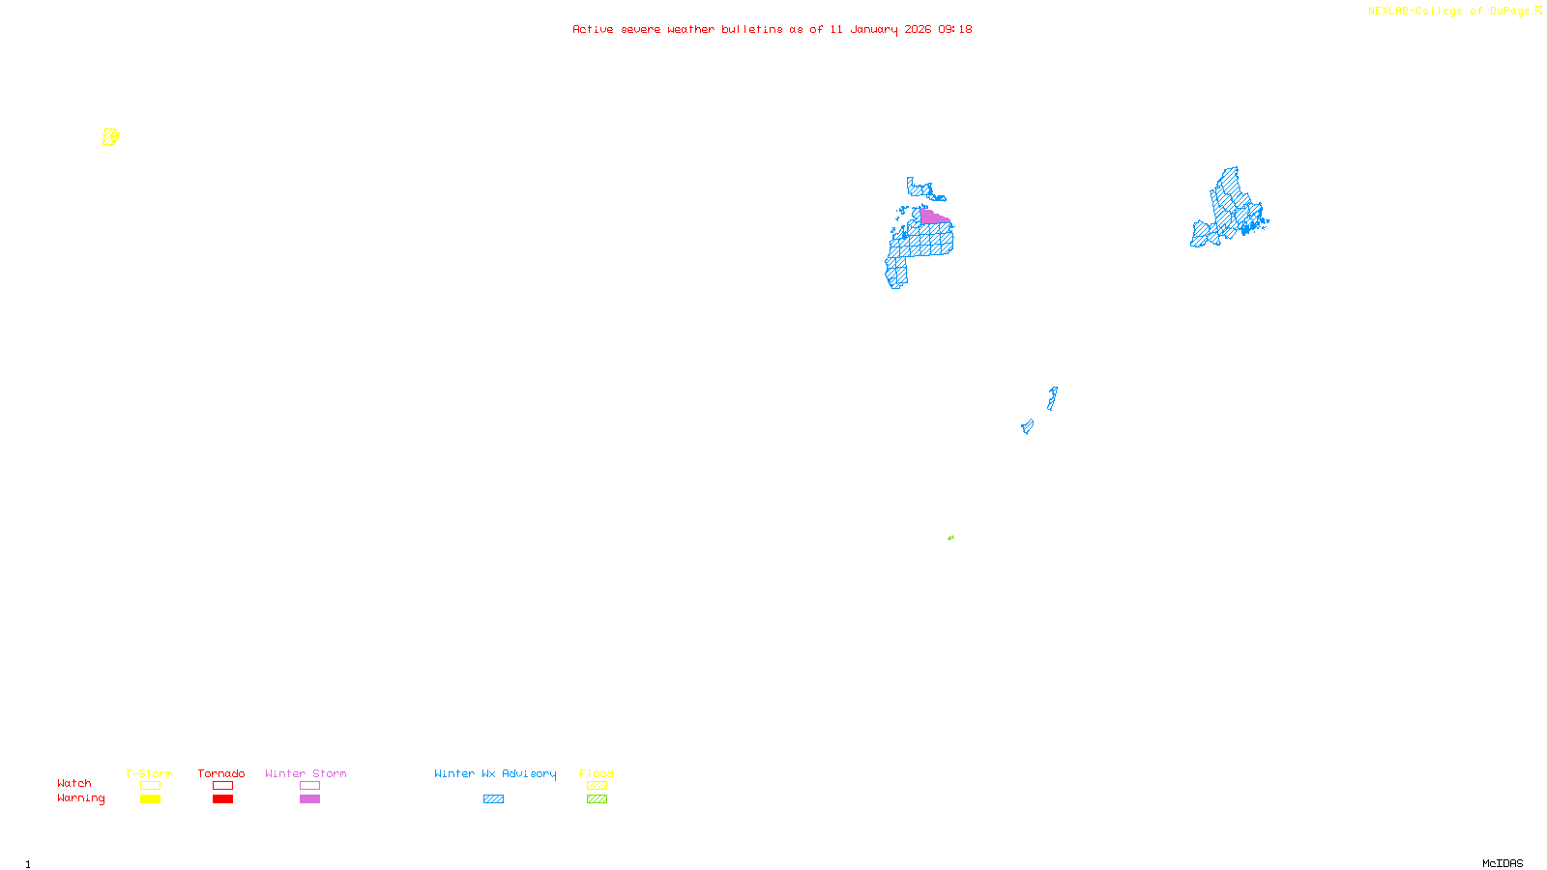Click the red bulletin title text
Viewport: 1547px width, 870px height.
[x=772, y=29]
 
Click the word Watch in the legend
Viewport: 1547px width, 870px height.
[x=74, y=783]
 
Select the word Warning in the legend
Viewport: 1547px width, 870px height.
[x=80, y=798]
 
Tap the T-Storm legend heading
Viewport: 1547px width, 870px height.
[x=149, y=773]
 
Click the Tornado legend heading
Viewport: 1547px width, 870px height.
[x=221, y=773]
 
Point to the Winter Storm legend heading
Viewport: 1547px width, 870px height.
[x=306, y=773]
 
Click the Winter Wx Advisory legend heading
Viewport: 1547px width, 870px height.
[x=495, y=773]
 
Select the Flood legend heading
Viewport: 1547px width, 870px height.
[x=597, y=773]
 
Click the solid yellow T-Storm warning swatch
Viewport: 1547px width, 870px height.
[x=150, y=799]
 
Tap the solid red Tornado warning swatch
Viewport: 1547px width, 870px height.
[x=222, y=799]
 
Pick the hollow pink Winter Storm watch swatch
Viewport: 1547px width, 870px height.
[x=309, y=786]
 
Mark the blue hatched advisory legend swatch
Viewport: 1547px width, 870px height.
[x=493, y=799]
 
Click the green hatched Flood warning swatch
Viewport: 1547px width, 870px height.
[x=597, y=799]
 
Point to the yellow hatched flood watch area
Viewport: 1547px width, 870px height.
[x=110, y=137]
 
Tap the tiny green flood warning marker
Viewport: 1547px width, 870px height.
[x=950, y=537]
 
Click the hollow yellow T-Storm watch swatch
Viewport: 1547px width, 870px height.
[x=150, y=786]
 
